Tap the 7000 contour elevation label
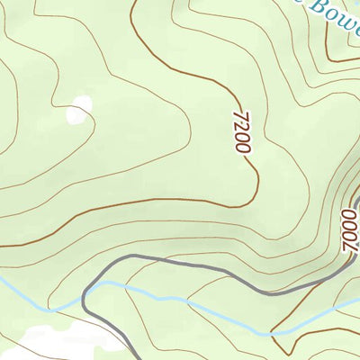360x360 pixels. (350, 230)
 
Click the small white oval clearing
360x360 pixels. (78, 110)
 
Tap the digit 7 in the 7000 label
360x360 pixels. (347, 246)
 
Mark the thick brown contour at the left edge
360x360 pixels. (4, 245)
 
